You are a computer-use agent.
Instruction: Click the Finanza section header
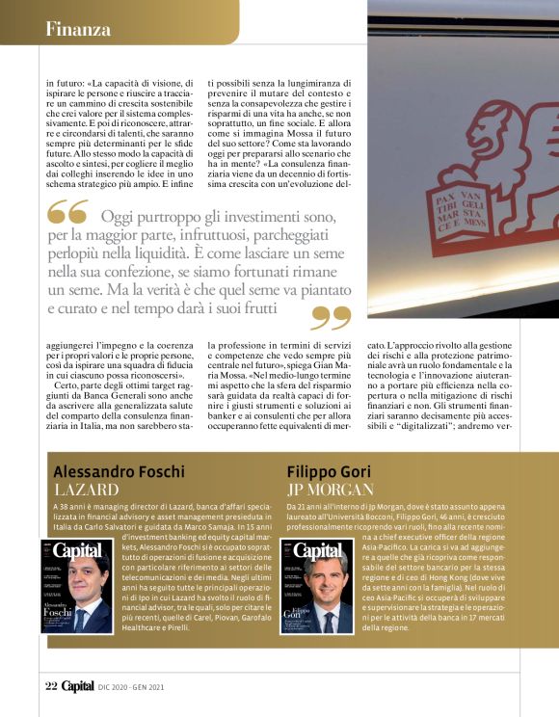(78, 29)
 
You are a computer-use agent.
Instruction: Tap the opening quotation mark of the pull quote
(67, 211)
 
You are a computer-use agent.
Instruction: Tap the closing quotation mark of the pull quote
(331, 318)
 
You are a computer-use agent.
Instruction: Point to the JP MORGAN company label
(336, 491)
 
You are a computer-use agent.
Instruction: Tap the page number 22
(51, 686)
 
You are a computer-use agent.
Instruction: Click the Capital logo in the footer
(78, 686)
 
